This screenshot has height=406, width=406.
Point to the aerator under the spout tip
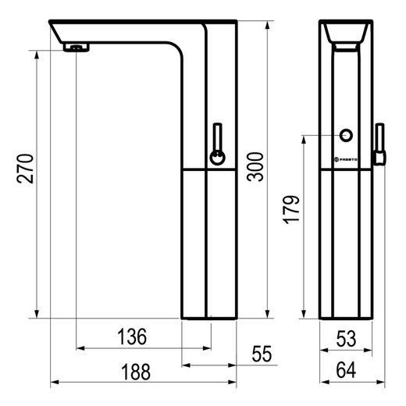(x=76, y=48)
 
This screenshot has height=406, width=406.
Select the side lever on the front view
(x=380, y=144)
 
